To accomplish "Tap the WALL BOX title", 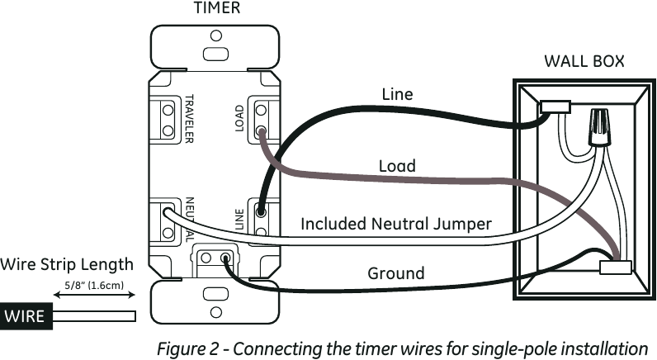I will point(583,61).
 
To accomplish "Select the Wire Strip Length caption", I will point(66,264).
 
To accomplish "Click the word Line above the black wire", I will point(396,94).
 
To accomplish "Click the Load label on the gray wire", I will point(396,166).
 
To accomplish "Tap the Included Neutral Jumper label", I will point(396,223).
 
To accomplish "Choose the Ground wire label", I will point(396,272).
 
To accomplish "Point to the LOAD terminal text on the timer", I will point(239,119).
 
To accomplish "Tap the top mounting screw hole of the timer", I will point(215,36).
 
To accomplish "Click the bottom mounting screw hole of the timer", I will point(215,312).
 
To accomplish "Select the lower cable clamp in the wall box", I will point(615,267).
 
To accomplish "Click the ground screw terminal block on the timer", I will point(216,258).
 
